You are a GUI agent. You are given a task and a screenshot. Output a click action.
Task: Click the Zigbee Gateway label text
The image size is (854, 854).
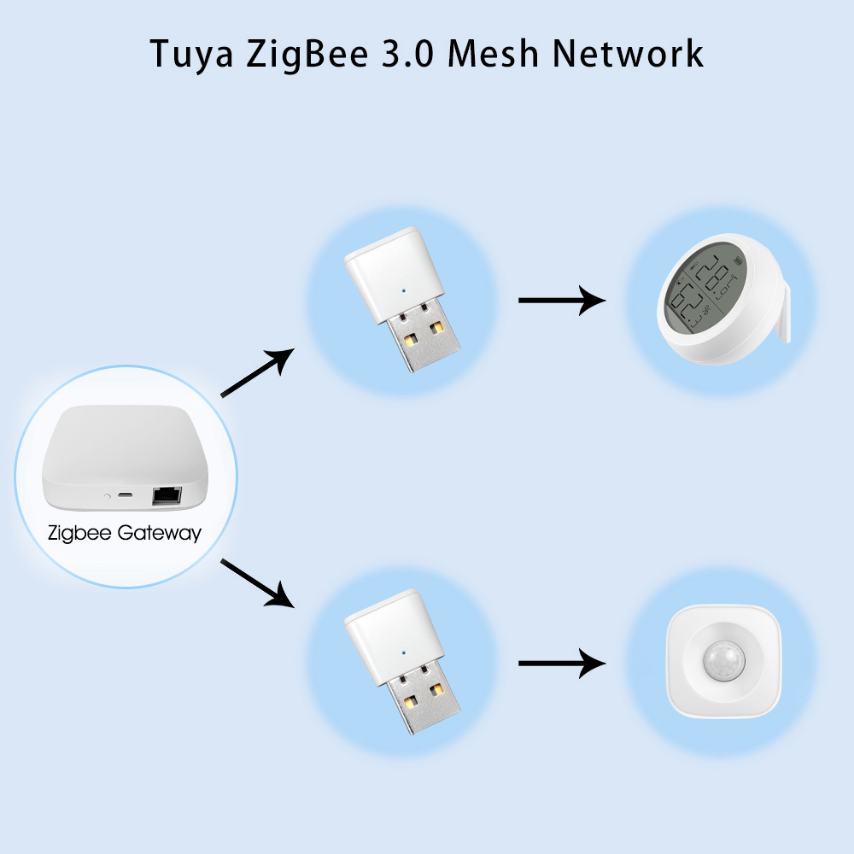click(x=125, y=534)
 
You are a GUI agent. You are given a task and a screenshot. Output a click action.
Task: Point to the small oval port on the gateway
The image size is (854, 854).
click(x=126, y=494)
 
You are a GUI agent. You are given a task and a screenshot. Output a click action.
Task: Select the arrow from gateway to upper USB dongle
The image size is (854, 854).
click(x=257, y=373)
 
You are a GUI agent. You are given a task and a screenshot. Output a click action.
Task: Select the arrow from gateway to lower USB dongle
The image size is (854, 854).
click(x=257, y=582)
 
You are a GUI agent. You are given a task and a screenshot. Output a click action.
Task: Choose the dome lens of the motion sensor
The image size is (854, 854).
click(x=721, y=663)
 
